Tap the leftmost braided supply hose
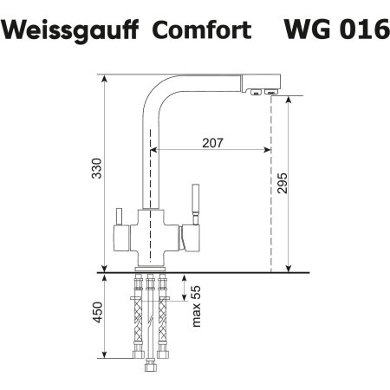point(138,321)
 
